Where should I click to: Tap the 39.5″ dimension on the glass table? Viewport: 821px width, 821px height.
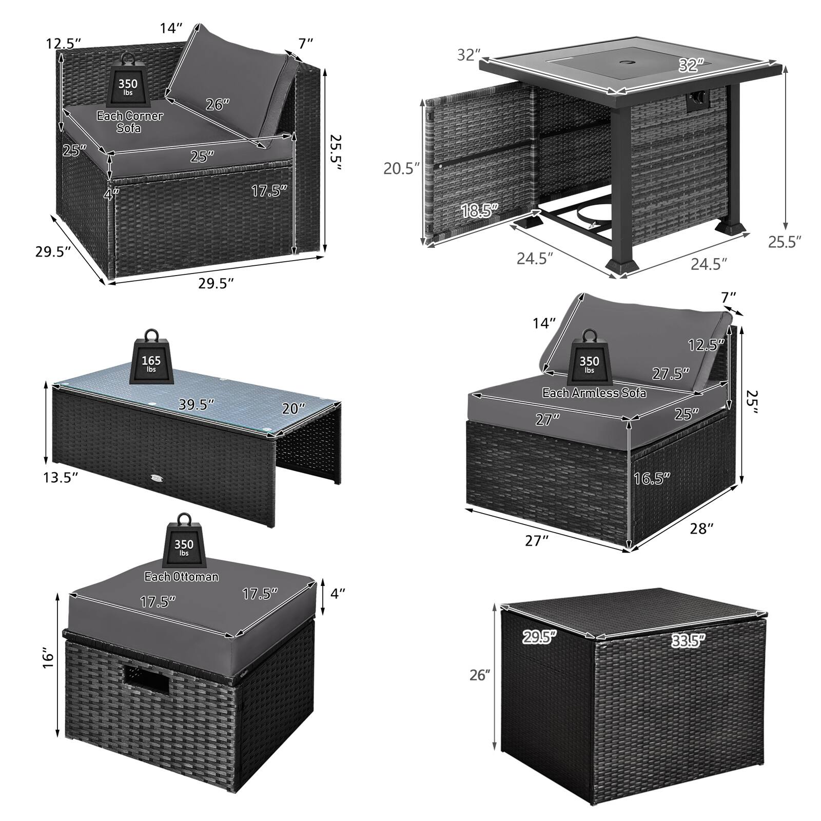tap(196, 405)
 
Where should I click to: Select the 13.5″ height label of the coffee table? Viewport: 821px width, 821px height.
tap(61, 477)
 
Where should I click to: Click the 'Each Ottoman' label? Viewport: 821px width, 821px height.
tap(182, 577)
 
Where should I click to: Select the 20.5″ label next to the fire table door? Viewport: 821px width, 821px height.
tap(402, 168)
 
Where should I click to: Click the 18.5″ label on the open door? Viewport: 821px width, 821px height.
tap(480, 210)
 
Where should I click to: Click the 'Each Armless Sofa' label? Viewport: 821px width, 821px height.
tap(594, 393)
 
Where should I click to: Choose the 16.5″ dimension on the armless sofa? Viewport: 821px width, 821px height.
tap(652, 478)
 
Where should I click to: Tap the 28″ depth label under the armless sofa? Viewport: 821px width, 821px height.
tap(701, 529)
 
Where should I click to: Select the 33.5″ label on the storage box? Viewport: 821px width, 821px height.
tap(688, 640)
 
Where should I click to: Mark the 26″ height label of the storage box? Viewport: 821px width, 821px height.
tap(480, 675)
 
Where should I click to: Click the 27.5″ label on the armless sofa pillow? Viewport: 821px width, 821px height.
tap(671, 374)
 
